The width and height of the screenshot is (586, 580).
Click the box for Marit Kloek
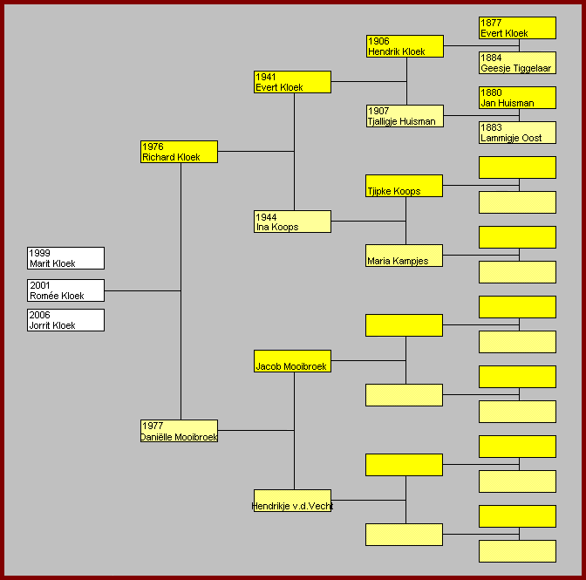coord(65,258)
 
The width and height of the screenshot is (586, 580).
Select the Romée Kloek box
coord(65,290)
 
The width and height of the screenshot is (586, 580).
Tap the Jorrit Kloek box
coord(65,320)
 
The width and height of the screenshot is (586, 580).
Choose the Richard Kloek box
coord(179,152)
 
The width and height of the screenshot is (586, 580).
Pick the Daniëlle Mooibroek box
coord(179,431)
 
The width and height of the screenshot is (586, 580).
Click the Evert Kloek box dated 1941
coord(292,82)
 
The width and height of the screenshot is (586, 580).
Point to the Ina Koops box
coord(292,222)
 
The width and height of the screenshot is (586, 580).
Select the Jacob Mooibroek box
coord(292,361)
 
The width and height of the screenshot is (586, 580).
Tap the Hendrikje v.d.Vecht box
coord(292,501)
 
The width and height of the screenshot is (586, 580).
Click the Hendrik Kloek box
coord(405,46)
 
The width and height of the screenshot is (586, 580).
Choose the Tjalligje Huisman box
coord(405,116)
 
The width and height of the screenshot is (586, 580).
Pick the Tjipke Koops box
coord(404,186)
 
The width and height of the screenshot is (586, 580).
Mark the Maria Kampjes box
coord(404,256)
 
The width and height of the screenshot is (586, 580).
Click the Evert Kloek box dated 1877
coord(517,28)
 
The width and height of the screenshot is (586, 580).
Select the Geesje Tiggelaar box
coord(517,63)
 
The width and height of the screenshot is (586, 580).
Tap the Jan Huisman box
coord(517,98)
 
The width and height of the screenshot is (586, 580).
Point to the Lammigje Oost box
coord(517,133)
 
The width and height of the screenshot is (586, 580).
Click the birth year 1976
coord(153,147)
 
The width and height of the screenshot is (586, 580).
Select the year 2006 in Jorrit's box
coord(40,315)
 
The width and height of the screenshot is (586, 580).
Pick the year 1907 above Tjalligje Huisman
coord(378,111)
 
